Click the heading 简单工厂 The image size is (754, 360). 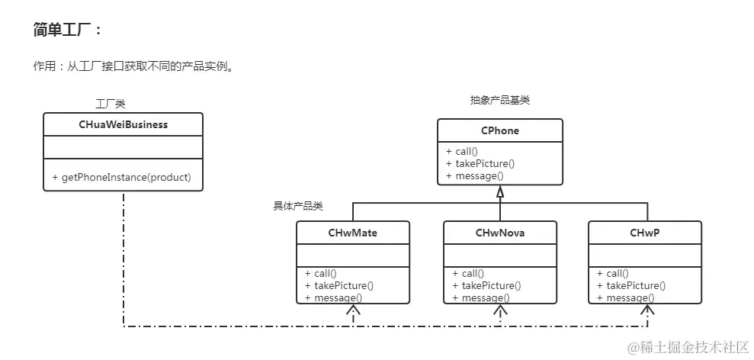pyautogui.click(x=67, y=30)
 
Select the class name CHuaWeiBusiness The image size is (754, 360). pyautogui.click(x=123, y=124)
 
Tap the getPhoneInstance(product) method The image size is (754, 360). pyautogui.click(x=122, y=177)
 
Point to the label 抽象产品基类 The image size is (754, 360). pyautogui.click(x=499, y=100)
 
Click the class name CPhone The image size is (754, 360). pyautogui.click(x=500, y=130)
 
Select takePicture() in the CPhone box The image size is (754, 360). pyautogui.click(x=485, y=163)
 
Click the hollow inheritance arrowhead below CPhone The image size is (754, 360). pyautogui.click(x=500, y=193)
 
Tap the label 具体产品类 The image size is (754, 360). pyautogui.click(x=298, y=206)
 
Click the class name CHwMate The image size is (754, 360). pyautogui.click(x=352, y=233)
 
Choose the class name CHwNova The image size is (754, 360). pyautogui.click(x=500, y=233)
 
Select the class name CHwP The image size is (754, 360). pyautogui.click(x=645, y=233)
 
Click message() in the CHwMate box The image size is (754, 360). pyautogui.click(x=338, y=297)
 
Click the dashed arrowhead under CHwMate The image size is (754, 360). pyautogui.click(x=352, y=310)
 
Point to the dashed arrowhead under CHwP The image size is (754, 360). pyautogui.click(x=647, y=310)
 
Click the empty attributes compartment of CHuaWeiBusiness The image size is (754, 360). pyautogui.click(x=123, y=147)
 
